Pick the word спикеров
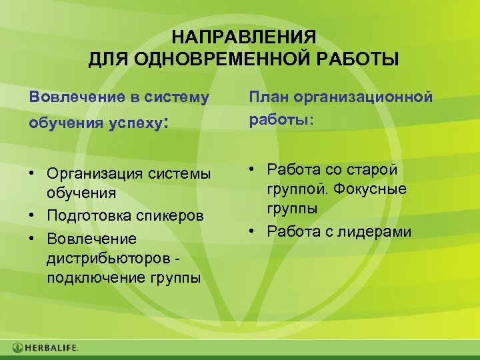174,216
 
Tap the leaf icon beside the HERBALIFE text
18,347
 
